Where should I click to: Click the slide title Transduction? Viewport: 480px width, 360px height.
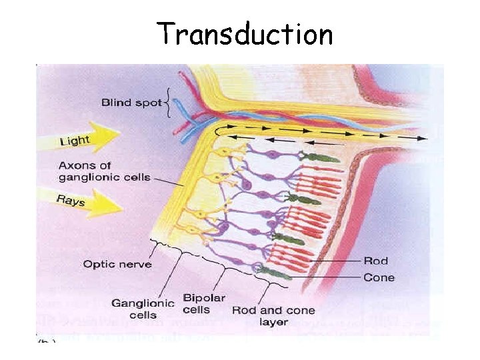(244, 33)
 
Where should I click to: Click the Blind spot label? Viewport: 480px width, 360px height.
(131, 103)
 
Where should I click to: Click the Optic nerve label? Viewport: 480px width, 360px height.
(117, 265)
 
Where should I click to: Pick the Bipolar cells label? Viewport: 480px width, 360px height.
(204, 304)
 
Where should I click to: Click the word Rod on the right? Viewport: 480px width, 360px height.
(376, 261)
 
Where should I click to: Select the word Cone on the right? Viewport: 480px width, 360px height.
(379, 277)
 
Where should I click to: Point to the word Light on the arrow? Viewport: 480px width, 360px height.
(75, 140)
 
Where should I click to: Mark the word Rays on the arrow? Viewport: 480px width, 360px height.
(71, 199)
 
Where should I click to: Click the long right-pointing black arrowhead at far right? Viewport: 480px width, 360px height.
(423, 139)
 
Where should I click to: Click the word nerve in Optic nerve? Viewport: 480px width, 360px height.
(136, 265)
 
